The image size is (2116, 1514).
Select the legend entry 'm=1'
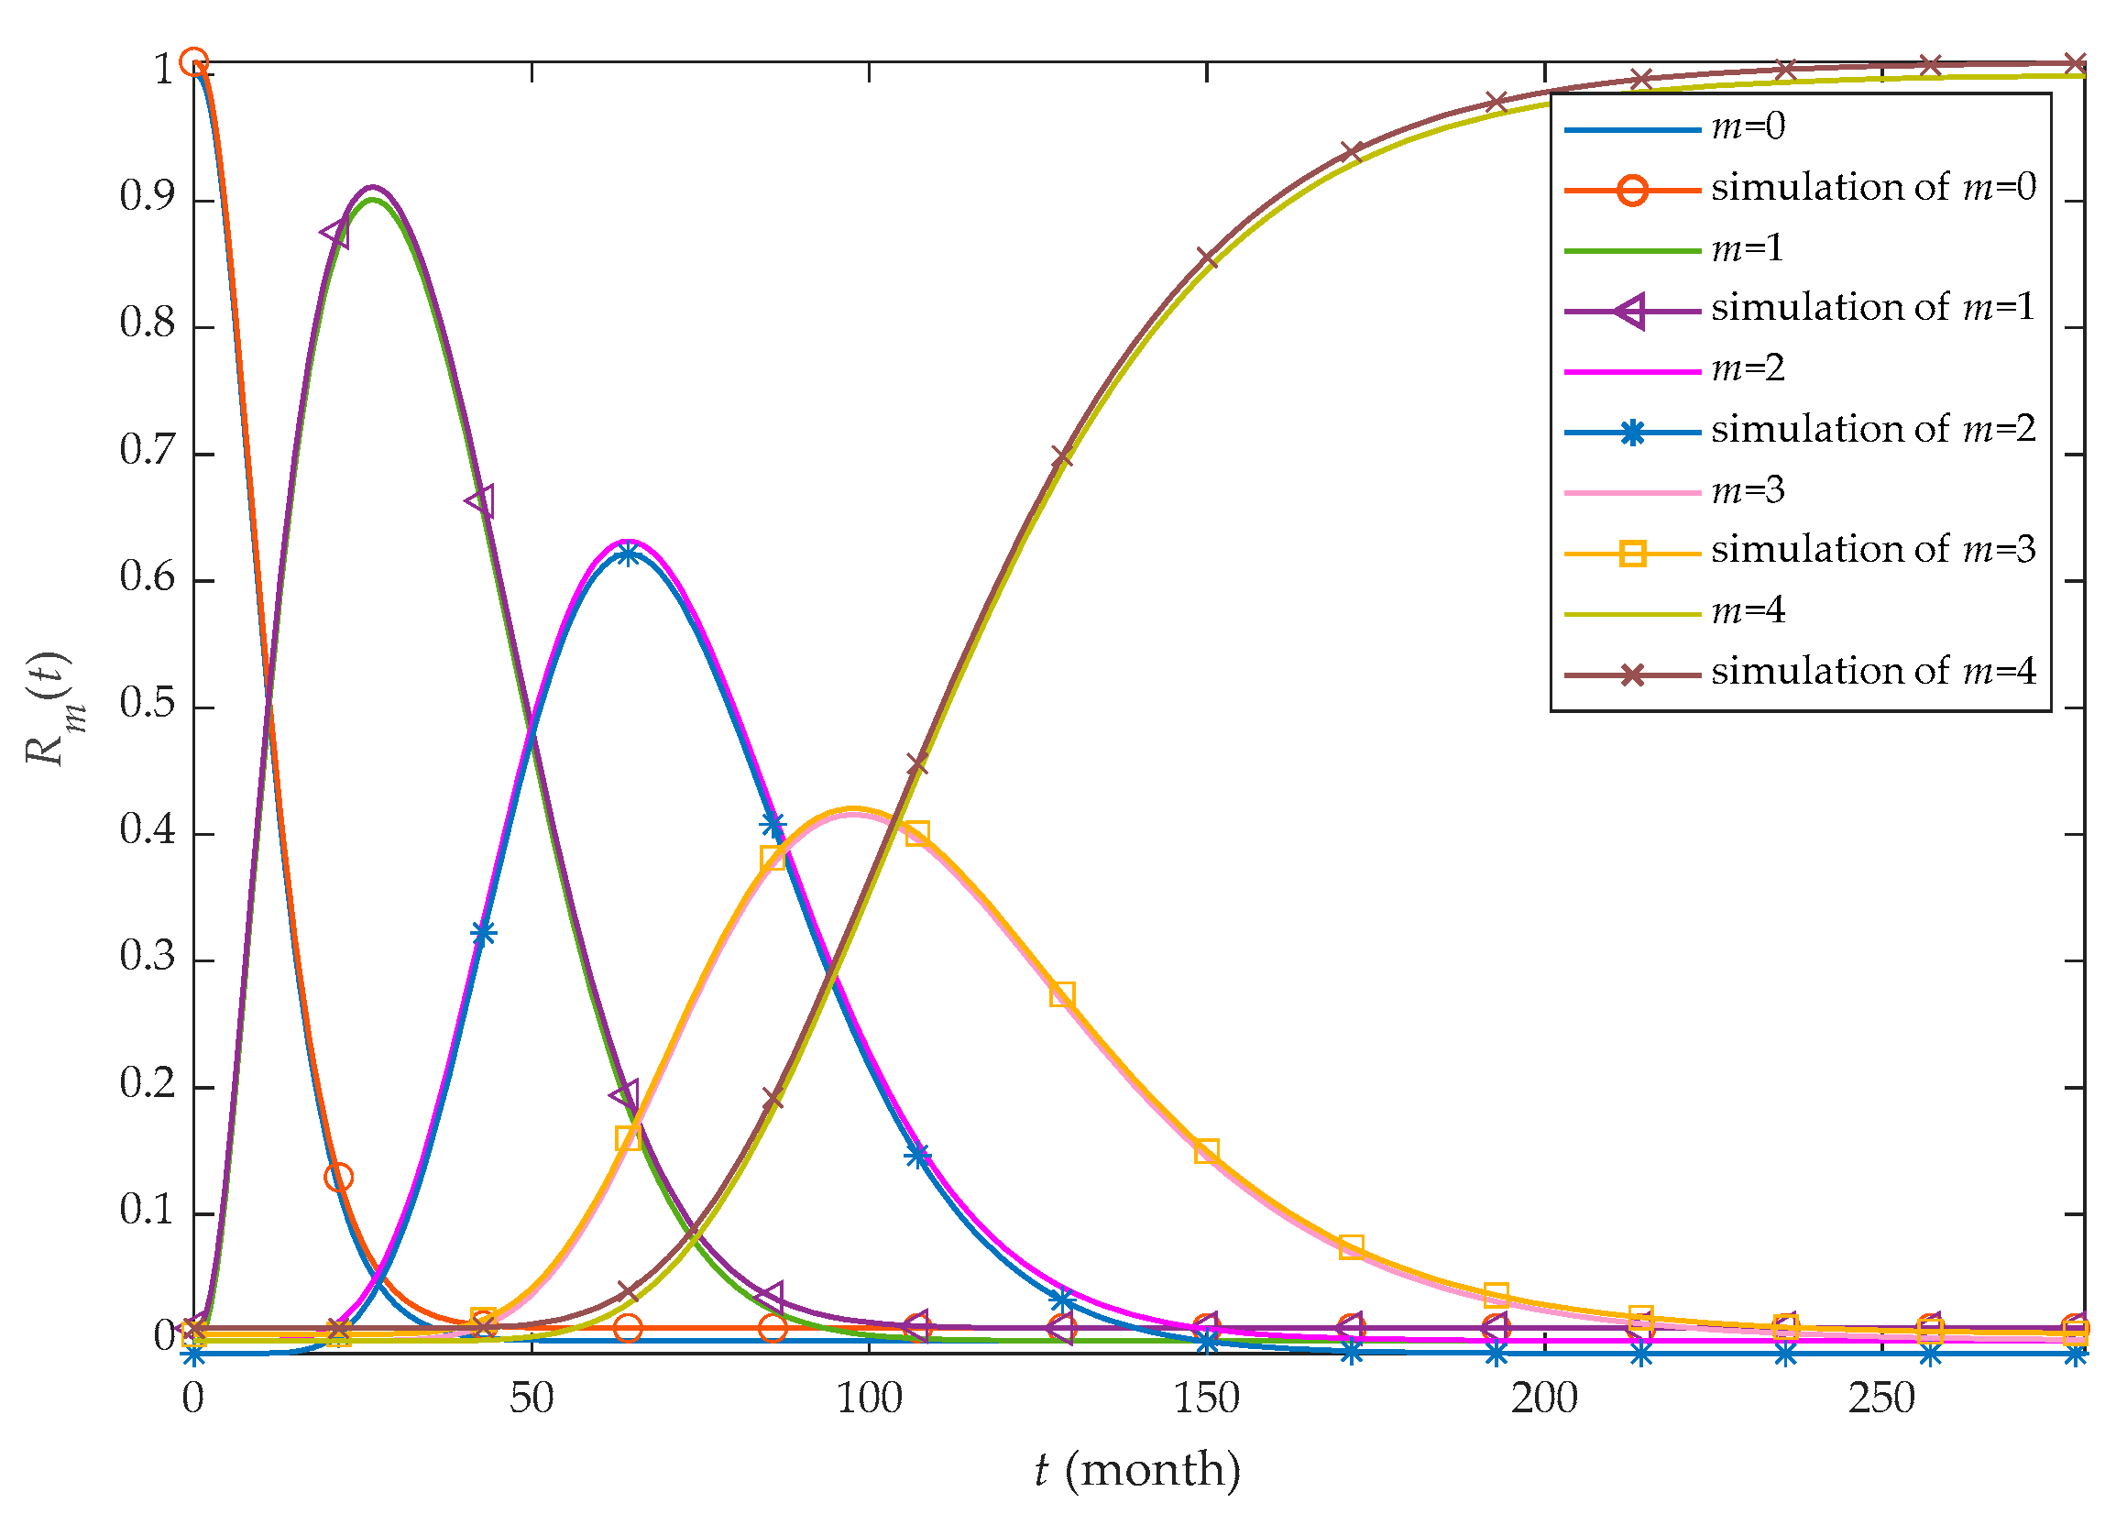(x=1747, y=249)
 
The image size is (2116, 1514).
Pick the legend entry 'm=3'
(x=1747, y=490)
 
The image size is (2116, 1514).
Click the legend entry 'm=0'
(x=1747, y=126)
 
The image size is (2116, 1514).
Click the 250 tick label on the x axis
(x=1881, y=1399)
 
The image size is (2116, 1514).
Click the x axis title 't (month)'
(x=1137, y=1470)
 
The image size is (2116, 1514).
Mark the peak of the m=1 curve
(x=373, y=198)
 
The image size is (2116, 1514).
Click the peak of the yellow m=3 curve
(x=852, y=809)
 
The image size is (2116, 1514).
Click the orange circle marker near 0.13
(x=338, y=1178)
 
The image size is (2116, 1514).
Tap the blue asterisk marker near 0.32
(x=483, y=933)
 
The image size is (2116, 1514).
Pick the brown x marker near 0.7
(x=1062, y=456)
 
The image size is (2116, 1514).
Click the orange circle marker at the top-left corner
(x=193, y=62)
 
